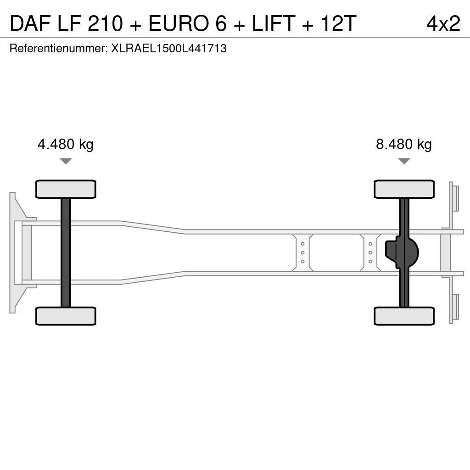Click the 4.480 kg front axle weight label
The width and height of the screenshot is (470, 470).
coord(66,145)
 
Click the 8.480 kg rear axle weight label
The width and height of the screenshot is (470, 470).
coord(404,145)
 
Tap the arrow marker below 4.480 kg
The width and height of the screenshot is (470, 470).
coord(66,161)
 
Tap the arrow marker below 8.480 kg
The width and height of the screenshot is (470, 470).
coord(404,161)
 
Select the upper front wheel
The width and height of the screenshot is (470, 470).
coord(66,189)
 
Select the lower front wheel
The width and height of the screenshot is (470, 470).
coord(66,316)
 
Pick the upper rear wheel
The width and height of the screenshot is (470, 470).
coord(404,189)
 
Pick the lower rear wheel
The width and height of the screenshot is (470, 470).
coord(404,316)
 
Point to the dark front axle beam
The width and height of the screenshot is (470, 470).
coord(66,252)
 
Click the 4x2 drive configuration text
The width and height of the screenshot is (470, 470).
coord(443,23)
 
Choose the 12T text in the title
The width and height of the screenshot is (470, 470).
coord(338,23)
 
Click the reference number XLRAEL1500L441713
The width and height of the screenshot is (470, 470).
coord(169,49)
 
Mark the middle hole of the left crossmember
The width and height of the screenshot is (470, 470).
coord(303,252)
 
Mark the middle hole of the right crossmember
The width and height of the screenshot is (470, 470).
coord(370,252)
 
